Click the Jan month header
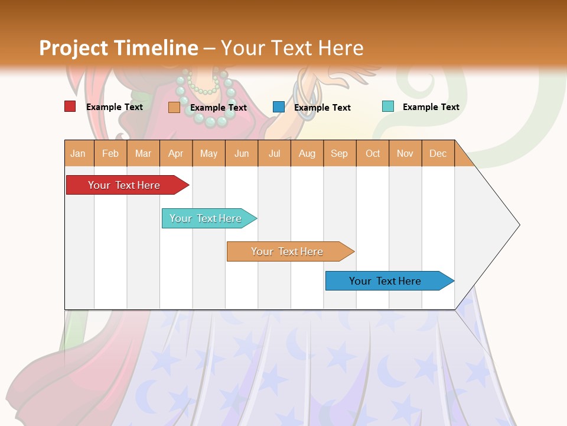[78, 153]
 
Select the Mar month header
[143, 153]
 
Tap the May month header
[208, 153]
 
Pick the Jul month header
[274, 153]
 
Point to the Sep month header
[339, 153]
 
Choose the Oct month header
[373, 153]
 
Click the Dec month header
[438, 153]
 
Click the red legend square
[70, 106]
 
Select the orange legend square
[174, 107]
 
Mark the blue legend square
[279, 107]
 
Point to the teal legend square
[388, 106]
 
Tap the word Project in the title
[73, 48]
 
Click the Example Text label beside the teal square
[431, 107]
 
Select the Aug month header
[307, 153]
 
